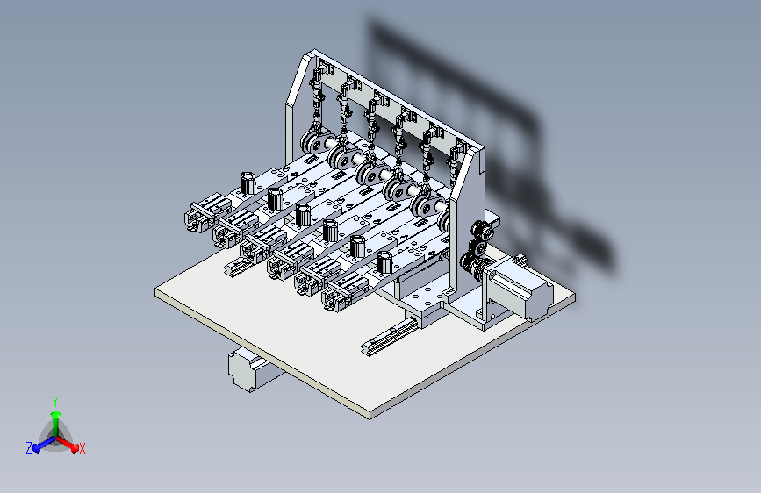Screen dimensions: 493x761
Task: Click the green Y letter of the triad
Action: tap(55, 400)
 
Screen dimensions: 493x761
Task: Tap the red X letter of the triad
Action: tap(83, 449)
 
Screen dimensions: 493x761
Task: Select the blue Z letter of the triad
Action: tap(29, 448)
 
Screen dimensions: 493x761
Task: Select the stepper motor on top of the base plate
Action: tap(519, 289)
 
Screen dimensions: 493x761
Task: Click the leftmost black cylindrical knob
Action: tap(247, 184)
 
